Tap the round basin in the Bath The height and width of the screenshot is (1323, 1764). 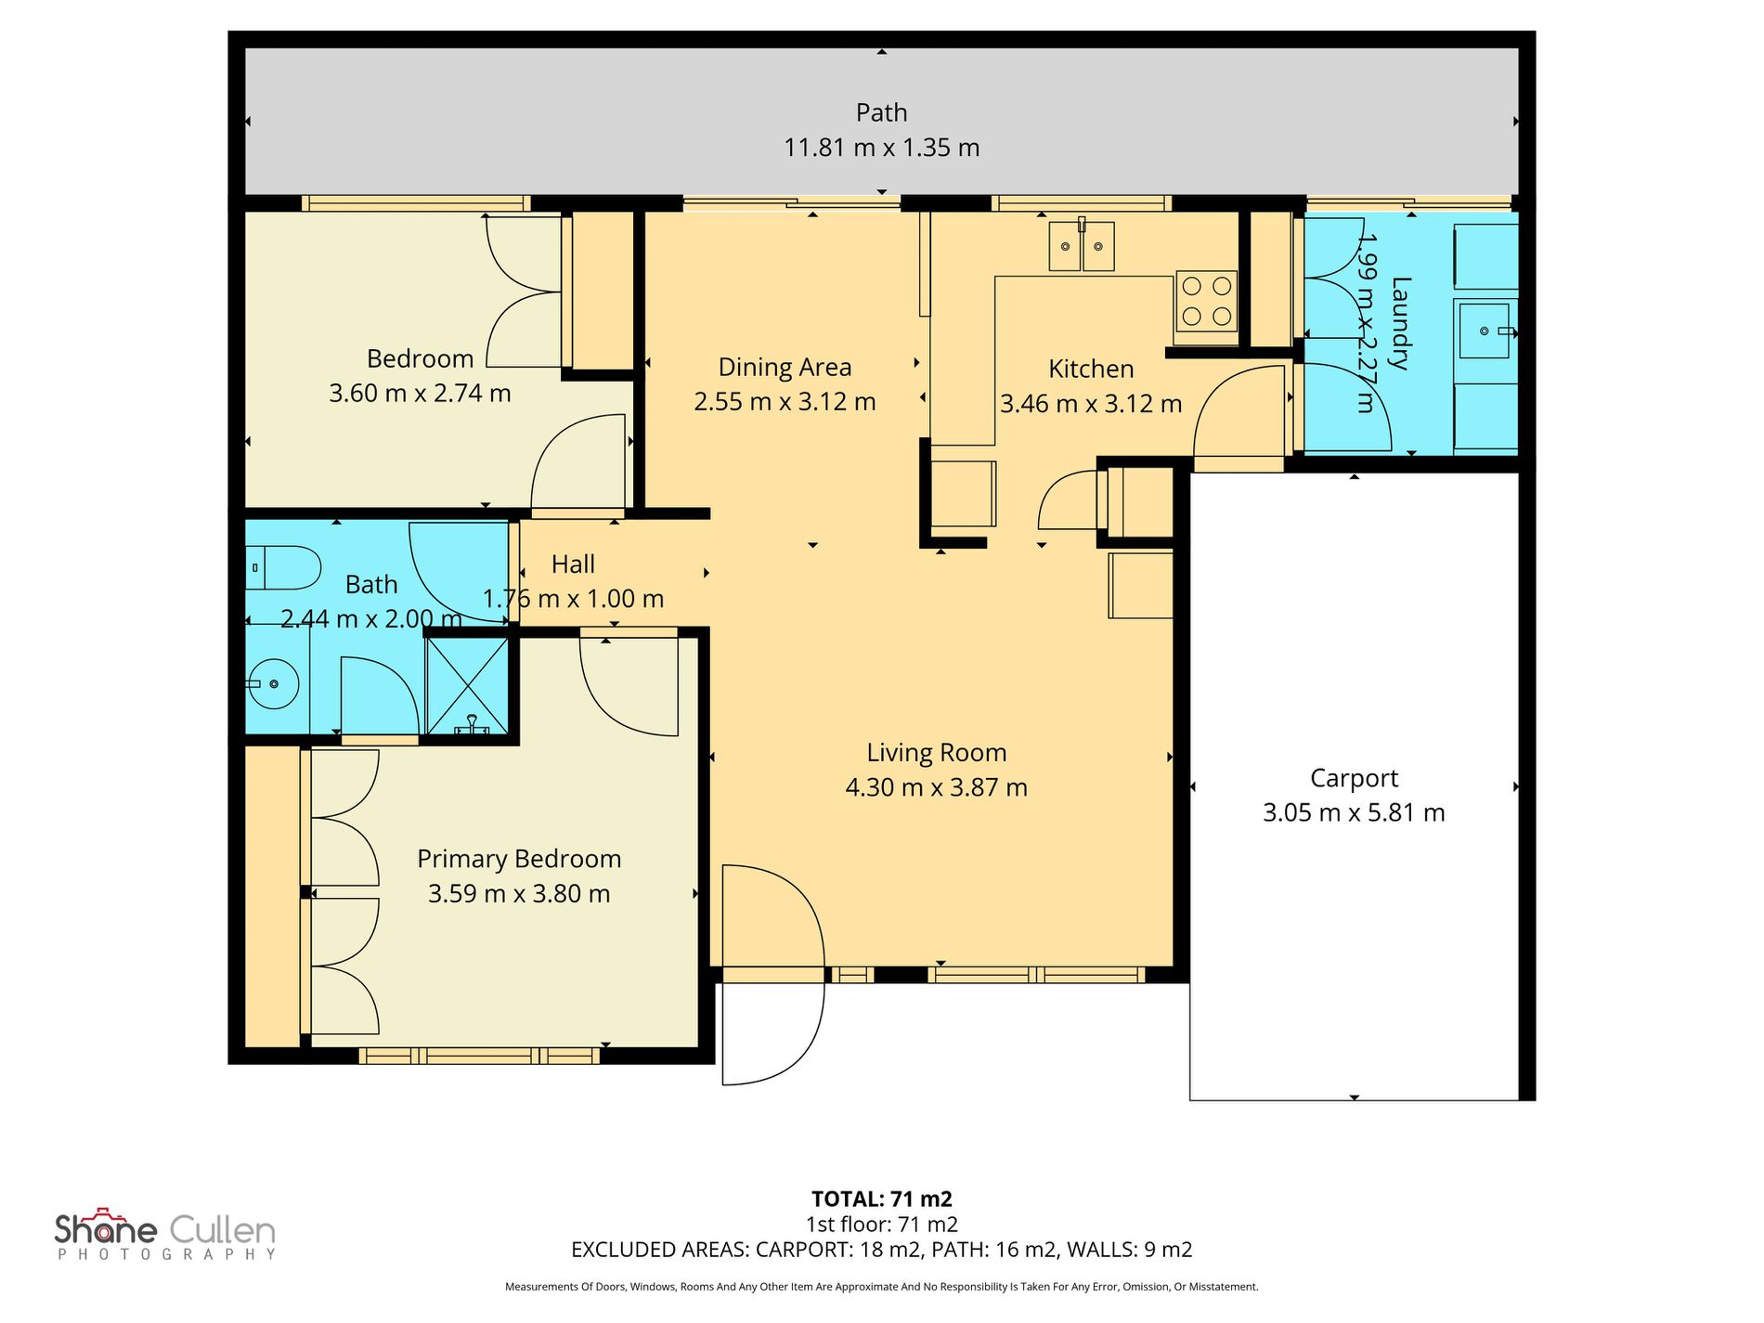(273, 684)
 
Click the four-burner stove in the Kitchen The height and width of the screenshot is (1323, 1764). (1206, 302)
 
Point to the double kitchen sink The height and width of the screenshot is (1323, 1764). (1082, 246)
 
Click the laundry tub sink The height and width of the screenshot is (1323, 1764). (1485, 330)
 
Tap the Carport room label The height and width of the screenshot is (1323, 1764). (1354, 778)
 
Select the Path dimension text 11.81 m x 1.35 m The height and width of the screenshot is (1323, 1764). (882, 148)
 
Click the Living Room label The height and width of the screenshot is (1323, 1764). (936, 753)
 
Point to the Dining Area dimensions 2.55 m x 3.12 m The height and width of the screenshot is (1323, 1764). (785, 402)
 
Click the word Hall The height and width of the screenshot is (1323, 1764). (573, 564)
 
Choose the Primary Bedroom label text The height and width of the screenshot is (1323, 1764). (519, 860)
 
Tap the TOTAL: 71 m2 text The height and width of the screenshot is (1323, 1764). (882, 1199)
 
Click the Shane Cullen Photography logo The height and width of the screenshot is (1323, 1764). (165, 1235)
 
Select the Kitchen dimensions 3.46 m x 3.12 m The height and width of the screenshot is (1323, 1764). (1091, 404)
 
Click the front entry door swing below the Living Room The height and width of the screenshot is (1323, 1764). (773, 975)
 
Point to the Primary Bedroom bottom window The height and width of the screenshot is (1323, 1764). (479, 1056)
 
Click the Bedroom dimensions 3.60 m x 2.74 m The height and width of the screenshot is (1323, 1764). (420, 394)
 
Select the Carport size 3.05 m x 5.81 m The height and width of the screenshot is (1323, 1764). (1354, 813)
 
